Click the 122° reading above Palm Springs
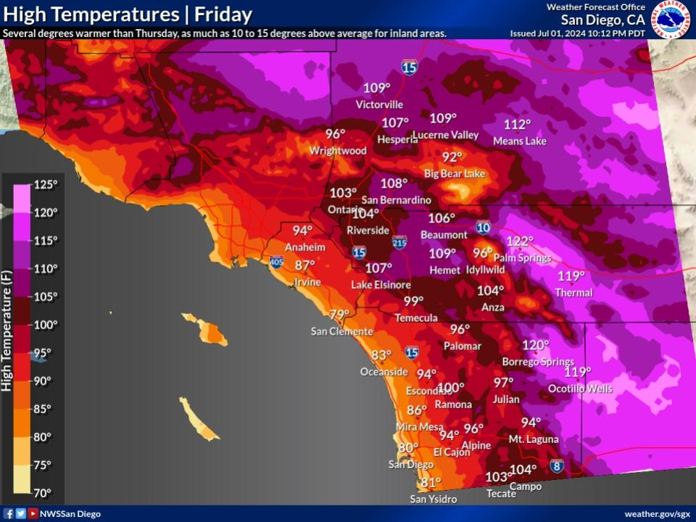(519, 241)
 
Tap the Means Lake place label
(520, 141)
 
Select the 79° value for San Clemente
(339, 315)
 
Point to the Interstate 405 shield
(276, 261)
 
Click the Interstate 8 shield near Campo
(557, 465)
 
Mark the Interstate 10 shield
(484, 227)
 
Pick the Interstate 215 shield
(399, 241)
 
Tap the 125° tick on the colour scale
(46, 184)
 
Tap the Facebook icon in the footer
(9, 514)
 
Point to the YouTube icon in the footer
(33, 514)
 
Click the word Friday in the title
(223, 14)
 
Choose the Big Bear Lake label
(455, 174)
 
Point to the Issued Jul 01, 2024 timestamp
(576, 33)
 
